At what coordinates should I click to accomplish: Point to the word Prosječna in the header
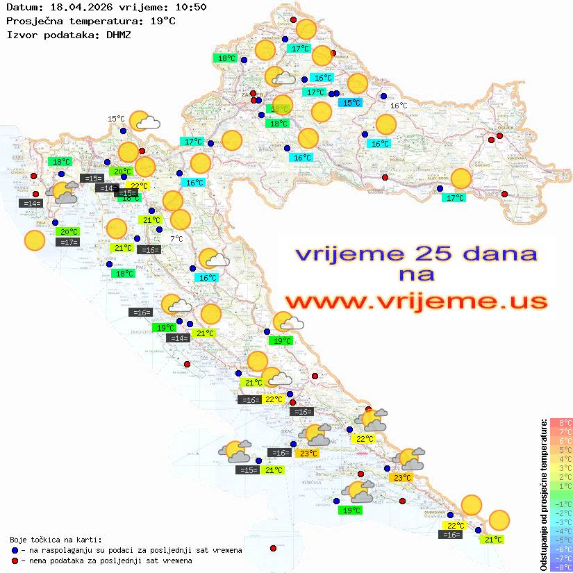33,21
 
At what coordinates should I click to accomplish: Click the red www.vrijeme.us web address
415,301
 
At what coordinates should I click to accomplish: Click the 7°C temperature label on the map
177,238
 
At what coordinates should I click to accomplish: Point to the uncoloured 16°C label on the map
399,106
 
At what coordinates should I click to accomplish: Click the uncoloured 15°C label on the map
116,119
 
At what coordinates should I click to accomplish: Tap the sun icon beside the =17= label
34,240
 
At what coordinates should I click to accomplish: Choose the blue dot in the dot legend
15,550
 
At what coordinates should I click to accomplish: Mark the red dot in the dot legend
15,560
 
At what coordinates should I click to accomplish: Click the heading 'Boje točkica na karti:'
56,539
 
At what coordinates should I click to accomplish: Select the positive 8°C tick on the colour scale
560,422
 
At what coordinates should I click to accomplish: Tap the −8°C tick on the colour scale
560,567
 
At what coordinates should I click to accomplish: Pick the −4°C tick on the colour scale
560,531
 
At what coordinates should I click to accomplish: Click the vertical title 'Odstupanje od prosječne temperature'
543,492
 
